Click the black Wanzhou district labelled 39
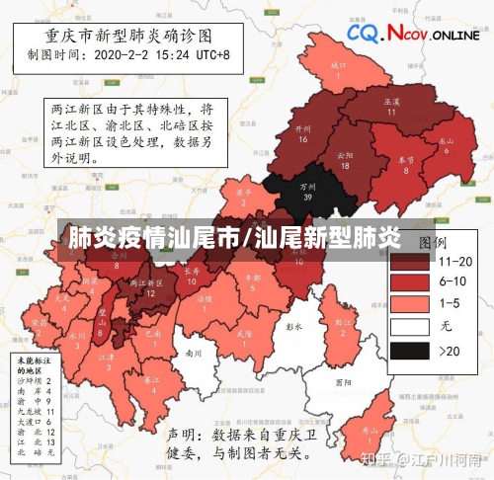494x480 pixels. click(x=307, y=191)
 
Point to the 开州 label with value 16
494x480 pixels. click(x=303, y=133)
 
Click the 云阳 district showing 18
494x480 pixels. click(x=345, y=160)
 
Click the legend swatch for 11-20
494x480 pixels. click(x=408, y=262)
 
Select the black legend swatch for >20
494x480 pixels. click(x=408, y=351)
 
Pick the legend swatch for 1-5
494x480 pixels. click(x=408, y=302)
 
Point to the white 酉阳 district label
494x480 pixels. click(x=343, y=381)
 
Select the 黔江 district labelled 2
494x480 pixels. click(x=341, y=326)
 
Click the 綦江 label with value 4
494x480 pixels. click(x=152, y=384)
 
